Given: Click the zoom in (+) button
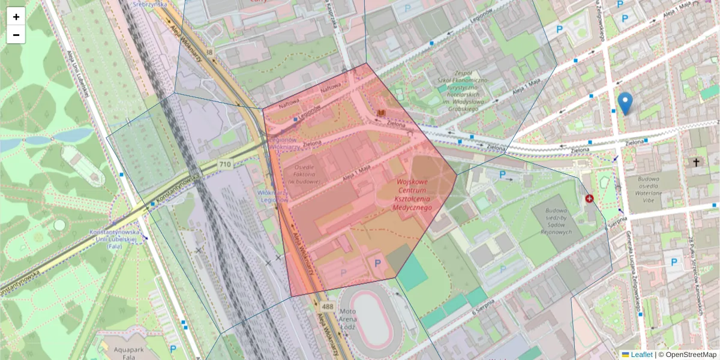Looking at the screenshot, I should coord(16,17).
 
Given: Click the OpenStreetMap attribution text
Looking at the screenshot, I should coord(687,355).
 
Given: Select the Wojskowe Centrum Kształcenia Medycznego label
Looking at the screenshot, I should coord(412,194).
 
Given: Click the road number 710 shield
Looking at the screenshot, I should coord(225,164).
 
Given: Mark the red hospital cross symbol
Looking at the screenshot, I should coord(589,199).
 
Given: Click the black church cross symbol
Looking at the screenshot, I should coord(696,163).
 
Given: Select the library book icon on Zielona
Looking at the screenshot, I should coord(380,113).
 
